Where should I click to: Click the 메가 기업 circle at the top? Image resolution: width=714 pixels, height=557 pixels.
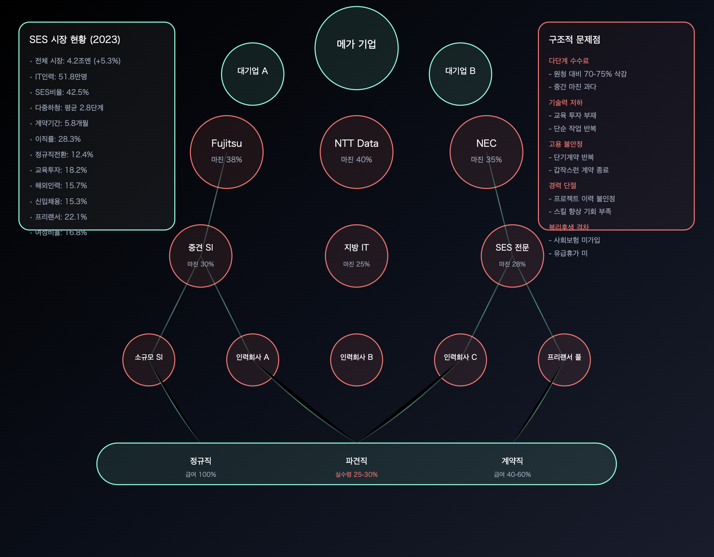point(356,48)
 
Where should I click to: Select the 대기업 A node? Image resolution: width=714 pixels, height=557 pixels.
point(252,74)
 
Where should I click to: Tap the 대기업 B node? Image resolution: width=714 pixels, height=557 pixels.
point(460,74)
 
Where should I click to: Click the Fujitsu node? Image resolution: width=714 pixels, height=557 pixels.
point(227,152)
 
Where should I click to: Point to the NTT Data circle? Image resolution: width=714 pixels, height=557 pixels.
point(356,152)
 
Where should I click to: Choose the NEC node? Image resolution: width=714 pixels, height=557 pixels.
point(486,152)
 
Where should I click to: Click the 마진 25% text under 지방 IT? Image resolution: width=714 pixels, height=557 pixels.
point(356,264)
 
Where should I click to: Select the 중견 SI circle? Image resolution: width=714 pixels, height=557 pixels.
point(201,256)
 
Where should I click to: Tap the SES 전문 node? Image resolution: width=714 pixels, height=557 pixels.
point(512,256)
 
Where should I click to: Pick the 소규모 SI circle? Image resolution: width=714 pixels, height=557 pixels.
point(149,359)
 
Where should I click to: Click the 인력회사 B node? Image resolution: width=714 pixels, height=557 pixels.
point(356,359)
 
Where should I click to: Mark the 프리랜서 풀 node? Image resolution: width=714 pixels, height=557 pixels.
point(564,359)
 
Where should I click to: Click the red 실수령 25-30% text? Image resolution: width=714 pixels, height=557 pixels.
point(356,474)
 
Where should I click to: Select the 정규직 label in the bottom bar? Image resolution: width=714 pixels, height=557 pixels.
point(201,461)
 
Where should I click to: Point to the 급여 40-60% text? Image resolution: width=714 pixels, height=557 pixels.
point(512,474)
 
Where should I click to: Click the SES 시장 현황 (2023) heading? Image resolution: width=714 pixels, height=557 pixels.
point(75,40)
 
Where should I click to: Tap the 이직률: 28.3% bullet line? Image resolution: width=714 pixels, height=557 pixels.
point(58,139)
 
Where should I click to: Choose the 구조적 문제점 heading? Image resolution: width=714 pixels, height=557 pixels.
point(574,40)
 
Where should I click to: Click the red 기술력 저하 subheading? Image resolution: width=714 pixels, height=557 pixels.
point(565,103)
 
